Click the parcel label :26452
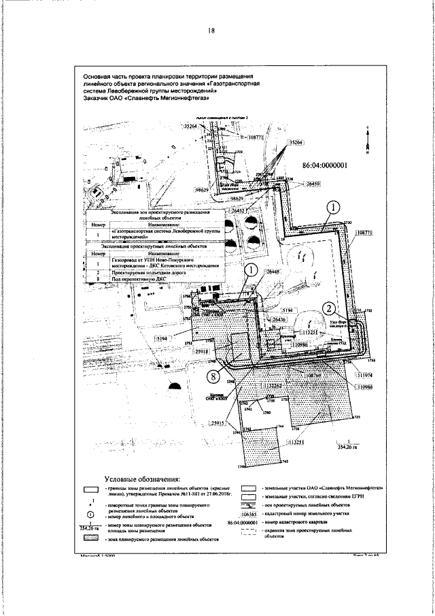[x=238, y=212]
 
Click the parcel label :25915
[x=217, y=423]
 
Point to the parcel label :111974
[x=366, y=375]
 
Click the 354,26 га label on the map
[x=348, y=447]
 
